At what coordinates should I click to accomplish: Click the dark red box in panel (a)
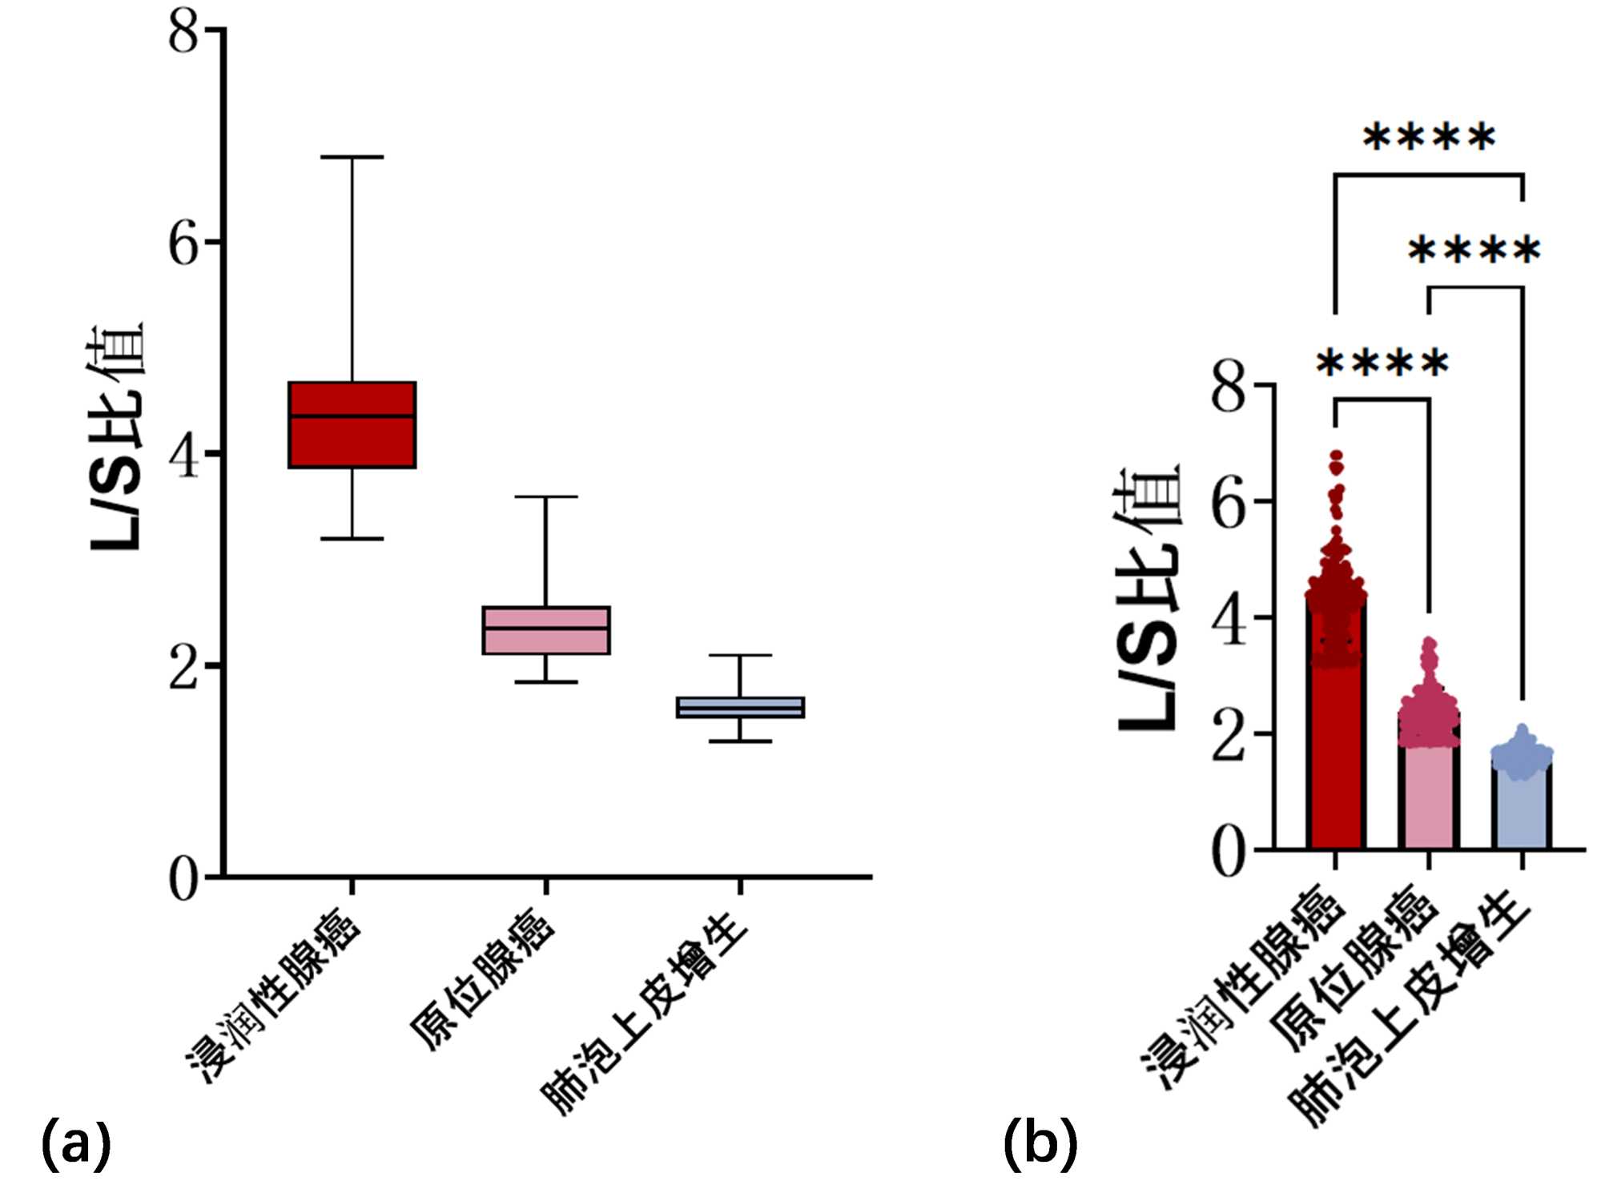(x=352, y=440)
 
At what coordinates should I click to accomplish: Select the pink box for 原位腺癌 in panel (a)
(x=546, y=641)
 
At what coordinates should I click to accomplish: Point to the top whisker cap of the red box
(x=352, y=157)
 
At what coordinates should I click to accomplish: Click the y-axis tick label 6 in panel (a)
(x=183, y=243)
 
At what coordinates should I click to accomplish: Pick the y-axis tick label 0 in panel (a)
(x=183, y=878)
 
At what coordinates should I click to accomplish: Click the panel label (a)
(x=75, y=1143)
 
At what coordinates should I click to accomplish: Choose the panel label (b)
(x=1040, y=1143)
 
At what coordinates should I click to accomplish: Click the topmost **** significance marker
(x=1429, y=138)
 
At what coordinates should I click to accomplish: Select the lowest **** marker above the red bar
(x=1382, y=365)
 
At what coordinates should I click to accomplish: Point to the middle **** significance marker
(x=1474, y=251)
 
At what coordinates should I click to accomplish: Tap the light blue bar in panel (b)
(x=1522, y=809)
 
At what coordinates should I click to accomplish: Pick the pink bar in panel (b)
(x=1429, y=801)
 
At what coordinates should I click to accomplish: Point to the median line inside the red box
(x=352, y=416)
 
